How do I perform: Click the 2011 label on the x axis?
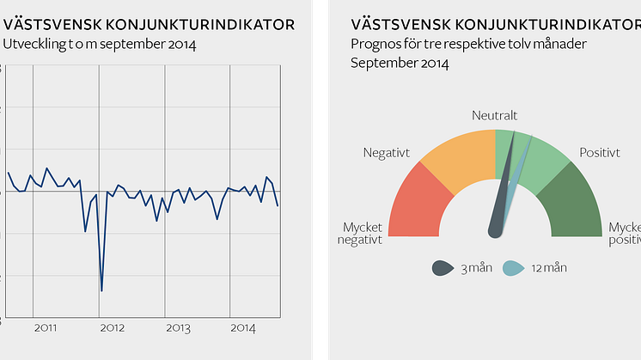coord(46,328)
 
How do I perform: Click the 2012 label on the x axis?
coord(112,328)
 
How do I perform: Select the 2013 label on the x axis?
coord(178,328)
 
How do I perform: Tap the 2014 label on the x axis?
coord(243,328)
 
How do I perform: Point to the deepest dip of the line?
coord(101,290)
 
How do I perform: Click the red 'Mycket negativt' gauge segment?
coord(419,201)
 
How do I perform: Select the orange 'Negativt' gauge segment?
coord(455,158)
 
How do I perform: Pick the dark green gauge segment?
coord(571,201)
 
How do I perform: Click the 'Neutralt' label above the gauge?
coord(495,115)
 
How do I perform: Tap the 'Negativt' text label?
coord(386,153)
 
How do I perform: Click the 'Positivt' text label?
coord(600,153)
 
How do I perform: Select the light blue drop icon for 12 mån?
coord(510,268)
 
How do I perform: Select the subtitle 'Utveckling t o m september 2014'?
coord(100,44)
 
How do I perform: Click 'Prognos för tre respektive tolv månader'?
coord(468,44)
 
